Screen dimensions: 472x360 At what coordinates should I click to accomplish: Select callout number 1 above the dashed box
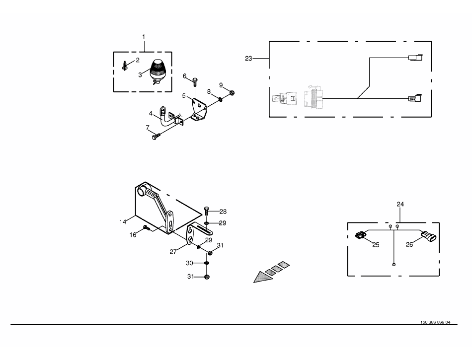[x=144, y=37]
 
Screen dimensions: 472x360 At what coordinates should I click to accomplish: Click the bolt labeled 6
[x=195, y=81]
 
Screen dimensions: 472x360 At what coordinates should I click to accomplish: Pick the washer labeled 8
[x=220, y=98]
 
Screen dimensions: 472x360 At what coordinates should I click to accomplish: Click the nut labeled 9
[x=232, y=93]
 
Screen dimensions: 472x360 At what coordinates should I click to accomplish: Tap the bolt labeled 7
[x=157, y=137]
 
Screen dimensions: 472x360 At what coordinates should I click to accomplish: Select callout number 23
[x=248, y=59]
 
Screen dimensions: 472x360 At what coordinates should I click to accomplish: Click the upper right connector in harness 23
[x=415, y=57]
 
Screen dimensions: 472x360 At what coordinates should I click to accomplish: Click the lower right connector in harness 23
[x=415, y=98]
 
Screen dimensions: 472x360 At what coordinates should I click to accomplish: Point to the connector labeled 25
[x=360, y=234]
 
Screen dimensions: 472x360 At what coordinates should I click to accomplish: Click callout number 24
[x=400, y=204]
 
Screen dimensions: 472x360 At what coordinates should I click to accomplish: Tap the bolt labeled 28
[x=207, y=211]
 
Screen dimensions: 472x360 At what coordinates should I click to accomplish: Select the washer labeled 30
[x=207, y=263]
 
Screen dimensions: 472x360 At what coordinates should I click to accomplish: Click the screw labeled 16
[x=147, y=228]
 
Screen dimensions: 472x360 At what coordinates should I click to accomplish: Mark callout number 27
[x=173, y=252]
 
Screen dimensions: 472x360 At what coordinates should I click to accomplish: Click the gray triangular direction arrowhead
[x=262, y=277]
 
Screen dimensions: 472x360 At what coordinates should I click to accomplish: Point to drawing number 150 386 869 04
[x=435, y=322]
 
